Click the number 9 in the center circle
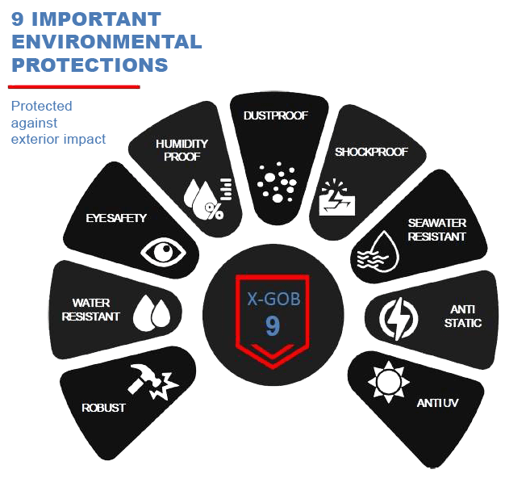[x=272, y=325]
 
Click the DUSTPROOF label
[x=276, y=115]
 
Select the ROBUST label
[x=103, y=408]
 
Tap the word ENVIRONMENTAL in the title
[x=106, y=41]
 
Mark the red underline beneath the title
[x=74, y=86]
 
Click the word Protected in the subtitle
[x=41, y=106]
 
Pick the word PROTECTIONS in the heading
[x=90, y=65]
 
